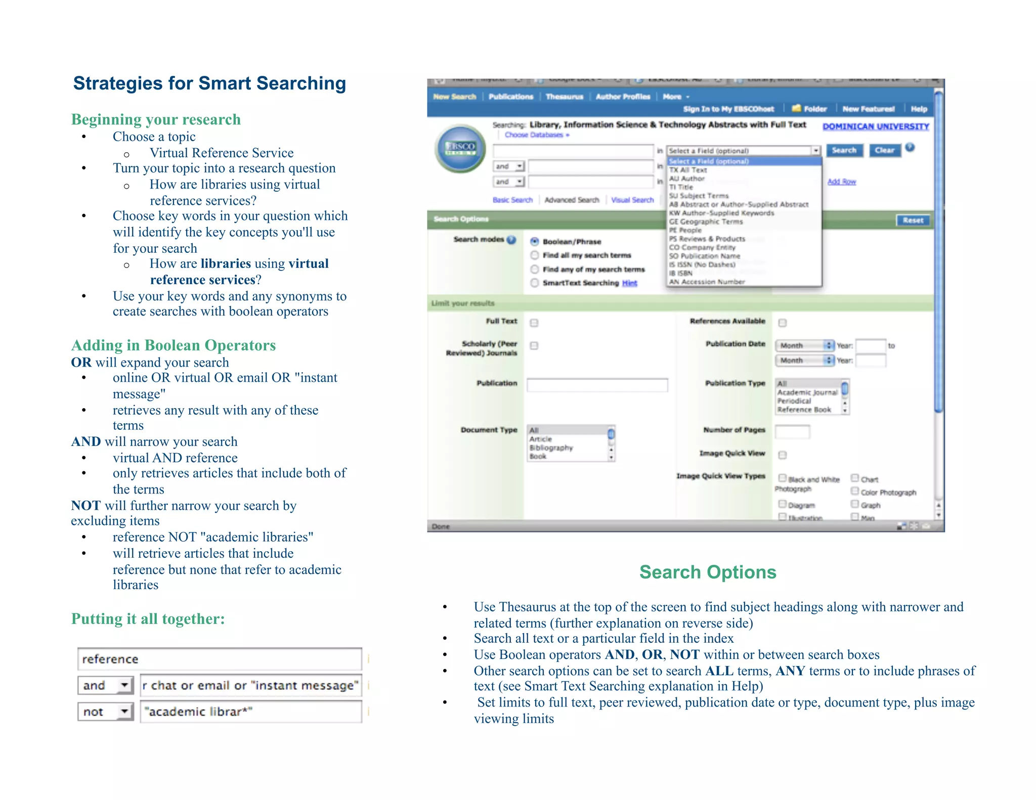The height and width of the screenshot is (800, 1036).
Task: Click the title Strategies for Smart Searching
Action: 209,83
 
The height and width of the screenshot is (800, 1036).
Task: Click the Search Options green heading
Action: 707,572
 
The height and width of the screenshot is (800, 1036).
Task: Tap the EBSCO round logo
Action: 460,148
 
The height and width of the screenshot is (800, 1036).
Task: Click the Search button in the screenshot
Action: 844,150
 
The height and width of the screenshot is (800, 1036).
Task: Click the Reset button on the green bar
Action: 913,220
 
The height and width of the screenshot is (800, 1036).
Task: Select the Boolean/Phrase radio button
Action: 534,242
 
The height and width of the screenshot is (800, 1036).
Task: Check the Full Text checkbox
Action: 534,323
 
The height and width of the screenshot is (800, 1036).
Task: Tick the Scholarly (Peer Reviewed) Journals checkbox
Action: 534,346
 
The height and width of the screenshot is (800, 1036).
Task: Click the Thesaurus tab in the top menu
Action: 564,97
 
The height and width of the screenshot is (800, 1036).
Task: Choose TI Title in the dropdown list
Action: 681,187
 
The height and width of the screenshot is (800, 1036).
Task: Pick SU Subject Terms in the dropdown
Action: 699,196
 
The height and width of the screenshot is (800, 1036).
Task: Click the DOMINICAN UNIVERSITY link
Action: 875,126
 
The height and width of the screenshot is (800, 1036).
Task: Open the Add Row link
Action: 841,182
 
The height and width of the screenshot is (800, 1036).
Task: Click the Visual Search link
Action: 632,200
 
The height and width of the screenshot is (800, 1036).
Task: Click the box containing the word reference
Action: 220,659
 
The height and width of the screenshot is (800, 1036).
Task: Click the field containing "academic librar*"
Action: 251,712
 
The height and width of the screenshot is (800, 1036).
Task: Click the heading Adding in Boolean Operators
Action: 174,345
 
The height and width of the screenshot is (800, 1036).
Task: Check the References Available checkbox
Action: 783,323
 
